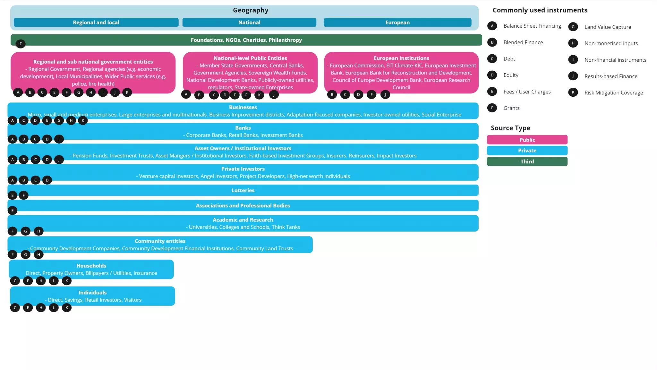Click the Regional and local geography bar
[96, 22]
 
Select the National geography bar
[249, 22]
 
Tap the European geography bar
[397, 22]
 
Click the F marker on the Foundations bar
[21, 44]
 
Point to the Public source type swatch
[527, 140]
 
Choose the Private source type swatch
[527, 151]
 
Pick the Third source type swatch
[527, 162]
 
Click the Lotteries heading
[243, 190]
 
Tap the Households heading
[91, 266]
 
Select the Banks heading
[243, 128]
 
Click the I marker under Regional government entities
[103, 92]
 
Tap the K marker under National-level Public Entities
[259, 95]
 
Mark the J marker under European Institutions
[385, 94]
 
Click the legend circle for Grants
[492, 108]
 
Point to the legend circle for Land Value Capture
[573, 27]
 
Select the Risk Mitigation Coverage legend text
[614, 93]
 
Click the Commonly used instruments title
[540, 10]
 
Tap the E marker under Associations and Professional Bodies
[13, 211]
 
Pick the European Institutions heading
[401, 58]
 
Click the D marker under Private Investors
[47, 180]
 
